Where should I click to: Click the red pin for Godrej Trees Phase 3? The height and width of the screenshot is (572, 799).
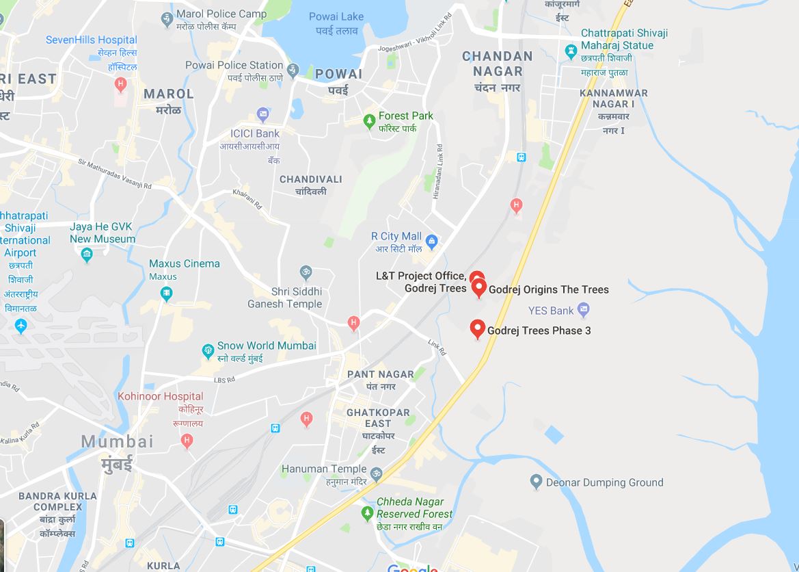[478, 329]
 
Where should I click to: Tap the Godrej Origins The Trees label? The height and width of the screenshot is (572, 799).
[548, 289]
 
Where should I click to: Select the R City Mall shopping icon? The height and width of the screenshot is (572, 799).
[431, 241]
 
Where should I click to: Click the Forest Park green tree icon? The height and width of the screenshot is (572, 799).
[369, 121]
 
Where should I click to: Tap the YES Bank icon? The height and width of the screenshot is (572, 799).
[583, 311]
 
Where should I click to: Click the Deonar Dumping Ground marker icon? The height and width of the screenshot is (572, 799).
[537, 482]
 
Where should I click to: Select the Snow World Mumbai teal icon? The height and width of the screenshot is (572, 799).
[208, 352]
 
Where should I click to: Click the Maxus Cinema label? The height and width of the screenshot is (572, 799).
[185, 263]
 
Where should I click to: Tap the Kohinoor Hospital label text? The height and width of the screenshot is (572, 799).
[160, 396]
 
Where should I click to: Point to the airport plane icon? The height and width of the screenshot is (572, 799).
[20, 326]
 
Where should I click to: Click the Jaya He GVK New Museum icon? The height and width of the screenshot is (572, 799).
[87, 255]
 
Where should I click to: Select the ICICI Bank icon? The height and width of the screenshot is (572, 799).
[262, 114]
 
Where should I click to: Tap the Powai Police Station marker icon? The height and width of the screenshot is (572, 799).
[293, 69]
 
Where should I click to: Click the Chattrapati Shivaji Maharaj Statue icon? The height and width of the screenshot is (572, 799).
[571, 51]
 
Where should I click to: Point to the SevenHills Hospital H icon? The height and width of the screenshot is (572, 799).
[121, 85]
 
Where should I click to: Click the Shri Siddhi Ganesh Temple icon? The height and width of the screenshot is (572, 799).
[306, 272]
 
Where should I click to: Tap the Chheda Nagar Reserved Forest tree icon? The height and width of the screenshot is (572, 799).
[367, 512]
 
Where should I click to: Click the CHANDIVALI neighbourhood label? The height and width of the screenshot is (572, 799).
[311, 179]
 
